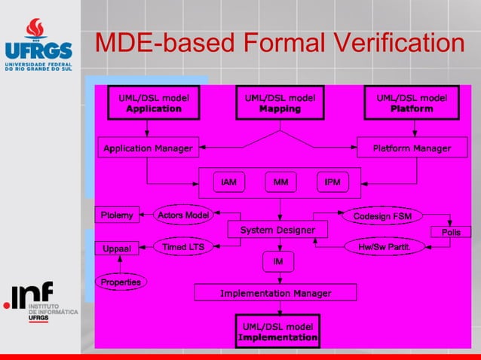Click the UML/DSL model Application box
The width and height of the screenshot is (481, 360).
tap(154, 103)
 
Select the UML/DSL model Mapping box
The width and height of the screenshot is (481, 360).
tap(280, 103)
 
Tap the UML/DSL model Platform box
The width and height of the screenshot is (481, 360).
tap(412, 103)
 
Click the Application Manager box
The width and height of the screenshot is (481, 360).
tap(148, 148)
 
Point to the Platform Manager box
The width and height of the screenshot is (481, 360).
tap(412, 148)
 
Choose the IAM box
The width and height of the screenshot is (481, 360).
tap(228, 182)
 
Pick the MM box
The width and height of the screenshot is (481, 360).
tap(280, 182)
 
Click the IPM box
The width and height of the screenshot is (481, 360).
tap(332, 182)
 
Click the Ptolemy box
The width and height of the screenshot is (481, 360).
tap(116, 215)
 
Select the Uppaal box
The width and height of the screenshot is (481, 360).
tap(117, 248)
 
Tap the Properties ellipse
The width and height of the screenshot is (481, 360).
tap(121, 282)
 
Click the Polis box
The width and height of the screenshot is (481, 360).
tap(451, 232)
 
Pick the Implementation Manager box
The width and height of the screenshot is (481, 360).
tap(275, 293)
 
